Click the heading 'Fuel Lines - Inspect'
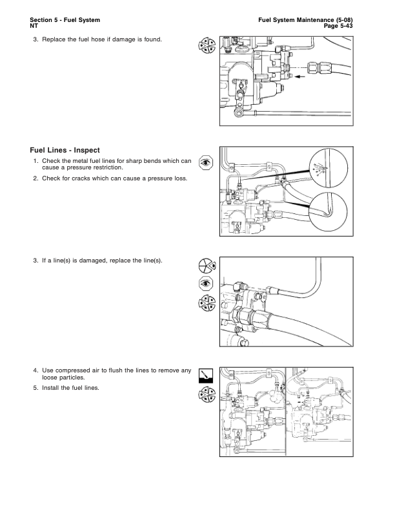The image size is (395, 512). [x=65, y=150]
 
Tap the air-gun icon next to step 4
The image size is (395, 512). [x=206, y=376]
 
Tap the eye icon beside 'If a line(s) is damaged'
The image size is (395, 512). [x=206, y=283]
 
